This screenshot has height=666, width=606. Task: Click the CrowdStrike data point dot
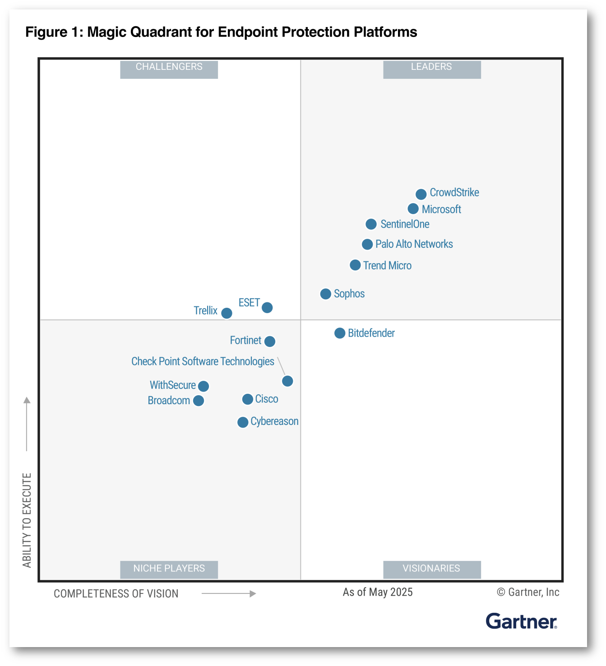421,194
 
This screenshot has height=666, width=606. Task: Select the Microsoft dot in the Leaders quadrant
413,209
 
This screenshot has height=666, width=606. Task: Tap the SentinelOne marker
371,224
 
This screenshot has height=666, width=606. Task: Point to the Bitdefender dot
340,333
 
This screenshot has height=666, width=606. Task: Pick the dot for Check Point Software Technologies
287,381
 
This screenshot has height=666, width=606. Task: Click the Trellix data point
227,313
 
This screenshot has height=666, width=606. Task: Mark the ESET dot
267,308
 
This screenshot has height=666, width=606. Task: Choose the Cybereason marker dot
243,422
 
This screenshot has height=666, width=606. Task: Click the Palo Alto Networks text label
414,244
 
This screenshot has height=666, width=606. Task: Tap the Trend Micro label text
387,265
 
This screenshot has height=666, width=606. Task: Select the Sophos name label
349,294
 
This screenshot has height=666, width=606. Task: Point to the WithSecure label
173,385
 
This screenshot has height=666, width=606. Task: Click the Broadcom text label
169,401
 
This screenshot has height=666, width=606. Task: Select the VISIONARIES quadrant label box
432,569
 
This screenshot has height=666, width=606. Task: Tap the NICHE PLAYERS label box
169,569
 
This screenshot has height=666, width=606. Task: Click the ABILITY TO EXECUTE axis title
27,520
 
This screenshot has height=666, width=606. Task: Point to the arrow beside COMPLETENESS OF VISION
229,594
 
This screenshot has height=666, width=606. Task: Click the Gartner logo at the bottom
521,621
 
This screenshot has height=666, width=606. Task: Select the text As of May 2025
378,592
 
